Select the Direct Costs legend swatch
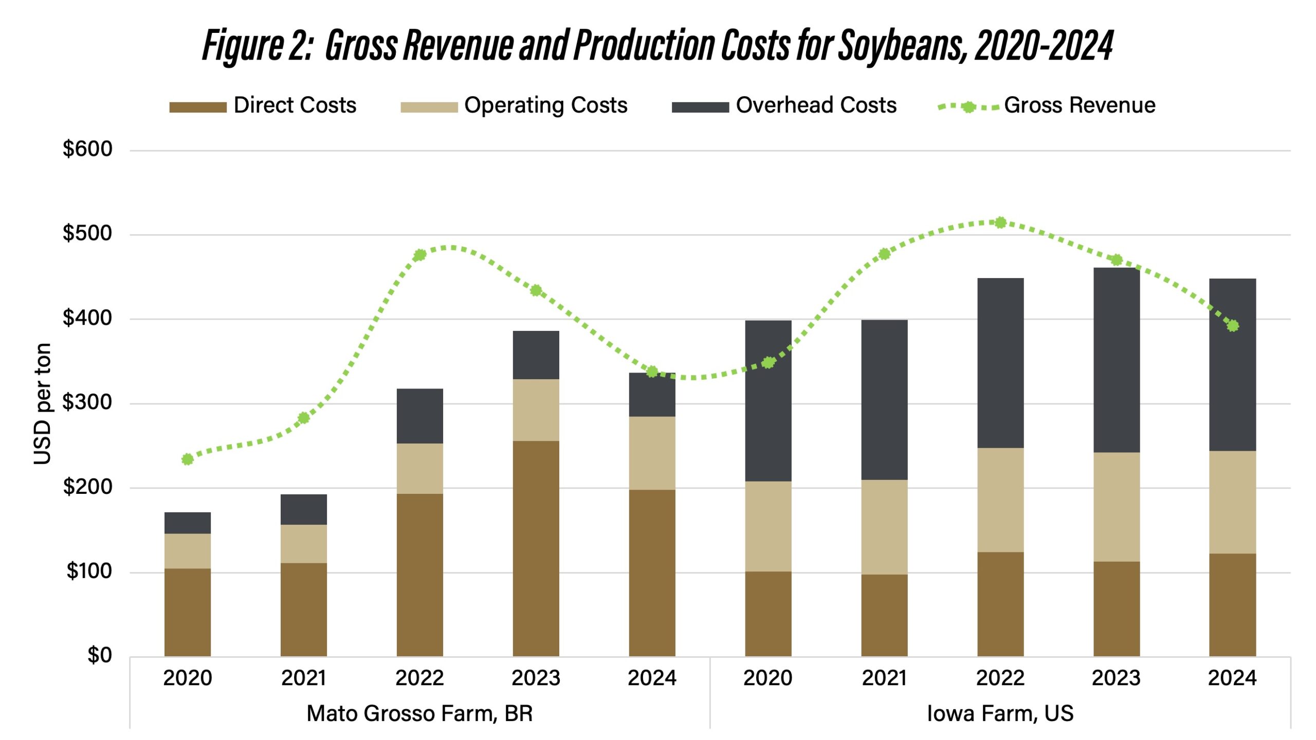198,107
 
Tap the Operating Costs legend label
545,105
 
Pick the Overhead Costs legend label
816,105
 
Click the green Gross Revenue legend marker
968,107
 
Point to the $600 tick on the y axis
87,149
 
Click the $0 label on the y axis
99,655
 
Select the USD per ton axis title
43,404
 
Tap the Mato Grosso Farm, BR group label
419,713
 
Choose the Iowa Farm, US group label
1000,713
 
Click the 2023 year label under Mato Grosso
536,678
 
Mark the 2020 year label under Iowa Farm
767,678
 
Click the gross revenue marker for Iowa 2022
1000,223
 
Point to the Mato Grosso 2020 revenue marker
188,459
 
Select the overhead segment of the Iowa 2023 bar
1116,360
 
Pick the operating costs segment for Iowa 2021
884,527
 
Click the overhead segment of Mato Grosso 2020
188,523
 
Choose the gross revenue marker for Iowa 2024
1232,326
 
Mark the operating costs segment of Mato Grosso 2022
419,468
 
